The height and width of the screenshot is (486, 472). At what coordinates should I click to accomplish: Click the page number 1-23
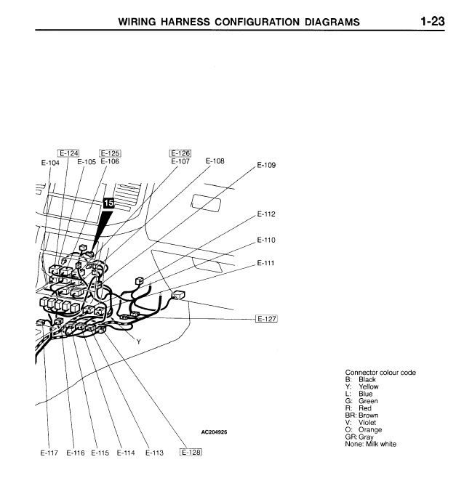coord(431,21)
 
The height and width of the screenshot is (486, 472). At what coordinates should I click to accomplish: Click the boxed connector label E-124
coord(68,153)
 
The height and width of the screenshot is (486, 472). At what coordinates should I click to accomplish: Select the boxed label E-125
coord(110,153)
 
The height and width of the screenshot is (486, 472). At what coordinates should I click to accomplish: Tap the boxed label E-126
coord(180,153)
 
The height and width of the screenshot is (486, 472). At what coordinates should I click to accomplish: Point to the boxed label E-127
coord(268,319)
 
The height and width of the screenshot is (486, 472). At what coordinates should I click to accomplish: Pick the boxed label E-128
coord(190,453)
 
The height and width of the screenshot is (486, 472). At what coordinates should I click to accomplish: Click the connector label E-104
coord(50,162)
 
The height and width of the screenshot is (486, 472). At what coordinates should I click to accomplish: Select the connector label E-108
coord(215,161)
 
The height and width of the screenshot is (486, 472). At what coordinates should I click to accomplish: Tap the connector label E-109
coord(266,166)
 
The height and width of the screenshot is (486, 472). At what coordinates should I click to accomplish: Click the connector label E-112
coord(266,214)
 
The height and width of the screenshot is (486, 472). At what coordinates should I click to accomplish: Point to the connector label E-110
coord(266,240)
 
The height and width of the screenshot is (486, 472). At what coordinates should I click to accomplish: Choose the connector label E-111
coord(266,263)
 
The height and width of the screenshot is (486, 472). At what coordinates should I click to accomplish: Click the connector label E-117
coord(49,453)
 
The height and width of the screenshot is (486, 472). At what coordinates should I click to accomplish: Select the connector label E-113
coord(153,453)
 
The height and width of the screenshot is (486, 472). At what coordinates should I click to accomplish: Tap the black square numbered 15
coord(109,204)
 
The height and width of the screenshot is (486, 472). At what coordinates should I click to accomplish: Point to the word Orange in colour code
coord(369,430)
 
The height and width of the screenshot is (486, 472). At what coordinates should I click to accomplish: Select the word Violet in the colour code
coord(368,423)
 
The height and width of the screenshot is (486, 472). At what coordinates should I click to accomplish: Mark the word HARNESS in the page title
coord(184,22)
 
